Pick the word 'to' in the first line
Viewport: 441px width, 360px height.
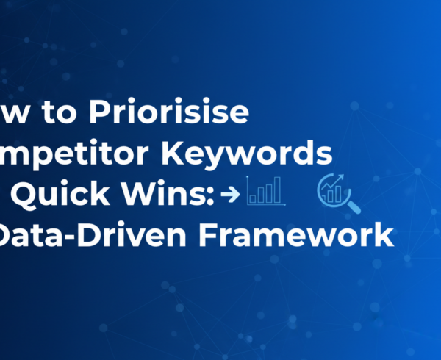tap(65, 115)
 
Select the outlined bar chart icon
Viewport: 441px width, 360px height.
tap(265, 192)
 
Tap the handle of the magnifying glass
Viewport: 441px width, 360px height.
tap(354, 207)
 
